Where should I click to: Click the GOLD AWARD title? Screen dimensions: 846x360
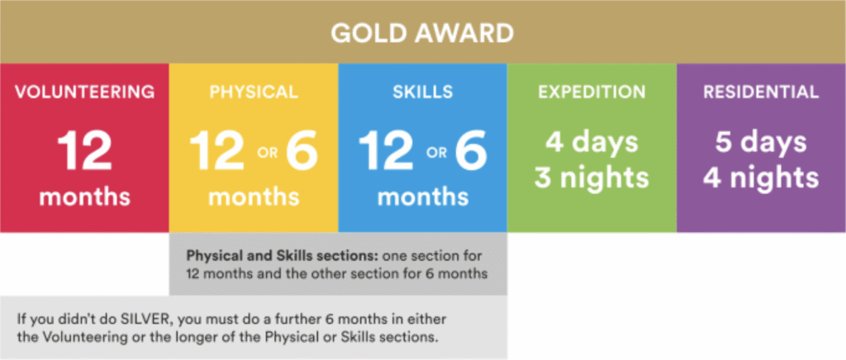pyautogui.click(x=422, y=34)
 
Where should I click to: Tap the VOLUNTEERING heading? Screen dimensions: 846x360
pyautogui.click(x=85, y=92)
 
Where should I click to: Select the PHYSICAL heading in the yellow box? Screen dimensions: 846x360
pyautogui.click(x=254, y=92)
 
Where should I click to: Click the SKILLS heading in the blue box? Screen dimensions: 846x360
pyautogui.click(x=422, y=92)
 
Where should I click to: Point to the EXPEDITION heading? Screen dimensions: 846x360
pyautogui.click(x=592, y=92)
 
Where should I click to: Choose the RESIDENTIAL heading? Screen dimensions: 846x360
pyautogui.click(x=761, y=92)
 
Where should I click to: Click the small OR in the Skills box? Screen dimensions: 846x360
pyautogui.click(x=436, y=153)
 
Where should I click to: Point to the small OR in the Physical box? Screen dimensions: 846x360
pyautogui.click(x=268, y=153)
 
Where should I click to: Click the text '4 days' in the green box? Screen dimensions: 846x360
pyautogui.click(x=592, y=142)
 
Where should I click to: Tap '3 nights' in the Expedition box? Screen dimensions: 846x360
pyautogui.click(x=592, y=178)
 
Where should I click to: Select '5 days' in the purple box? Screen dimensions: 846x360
pyautogui.click(x=761, y=142)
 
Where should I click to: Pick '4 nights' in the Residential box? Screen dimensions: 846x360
pyautogui.click(x=761, y=178)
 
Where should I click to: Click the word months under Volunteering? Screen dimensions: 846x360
pyautogui.click(x=85, y=197)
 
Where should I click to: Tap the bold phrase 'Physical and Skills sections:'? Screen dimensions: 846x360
pyautogui.click(x=256, y=255)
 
